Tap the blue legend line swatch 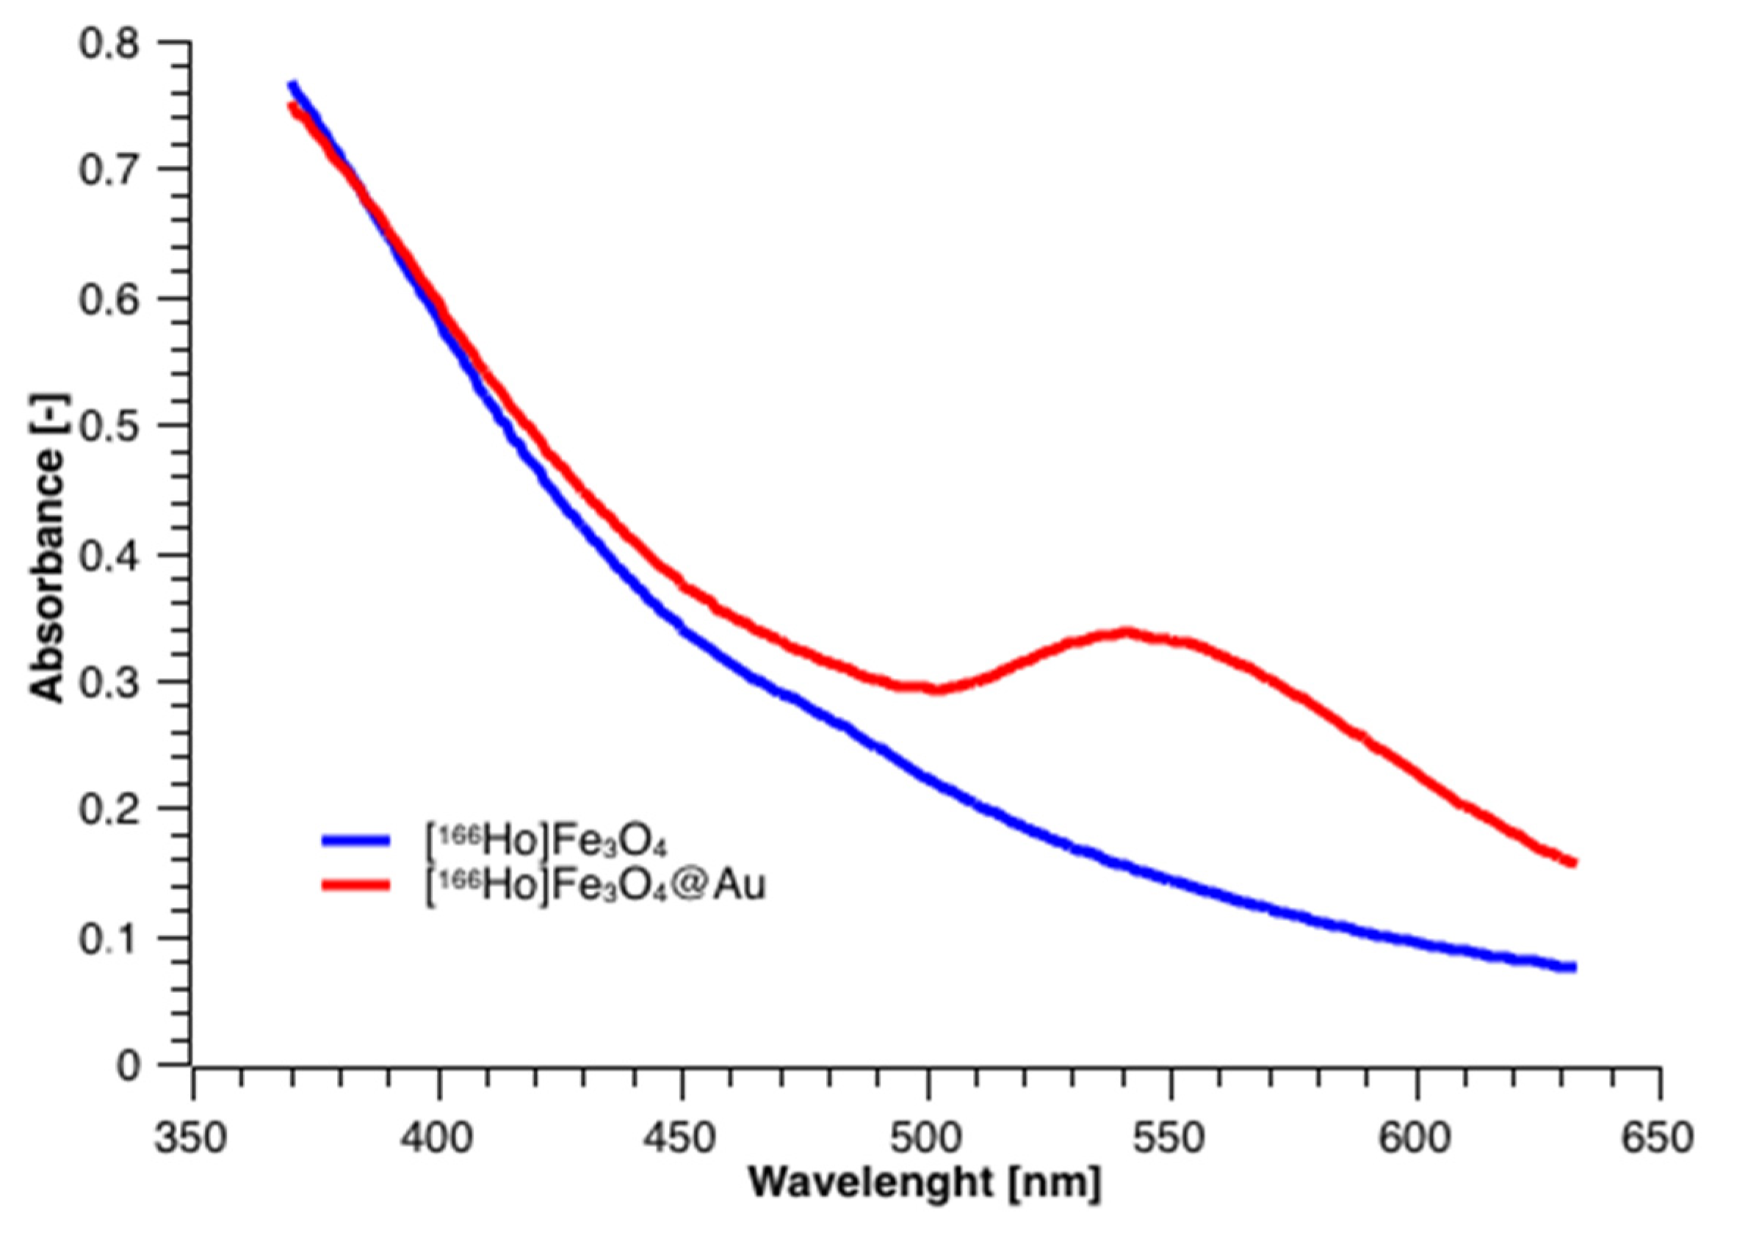355,840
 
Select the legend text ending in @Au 594,885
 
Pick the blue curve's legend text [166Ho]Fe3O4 545,841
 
